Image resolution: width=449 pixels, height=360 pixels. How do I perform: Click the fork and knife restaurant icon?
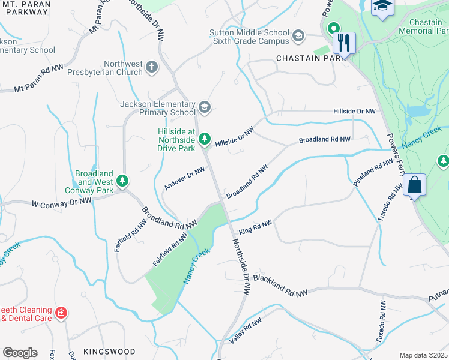click(344, 43)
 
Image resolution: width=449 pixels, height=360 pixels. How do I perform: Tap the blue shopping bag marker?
click(415, 185)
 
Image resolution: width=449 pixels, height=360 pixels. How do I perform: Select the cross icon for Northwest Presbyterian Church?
click(152, 66)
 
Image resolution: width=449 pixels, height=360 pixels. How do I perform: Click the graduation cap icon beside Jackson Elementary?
click(205, 107)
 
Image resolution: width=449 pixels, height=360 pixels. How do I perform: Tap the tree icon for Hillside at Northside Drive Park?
click(205, 139)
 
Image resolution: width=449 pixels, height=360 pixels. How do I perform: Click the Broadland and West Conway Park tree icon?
click(122, 180)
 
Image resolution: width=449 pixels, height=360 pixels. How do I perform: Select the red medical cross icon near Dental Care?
click(61, 313)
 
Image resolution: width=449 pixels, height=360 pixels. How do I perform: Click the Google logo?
click(20, 353)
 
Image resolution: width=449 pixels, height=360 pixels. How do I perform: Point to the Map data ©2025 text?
click(423, 355)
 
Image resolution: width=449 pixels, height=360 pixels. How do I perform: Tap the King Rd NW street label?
click(255, 227)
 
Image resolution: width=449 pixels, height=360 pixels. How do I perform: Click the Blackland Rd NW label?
click(280, 285)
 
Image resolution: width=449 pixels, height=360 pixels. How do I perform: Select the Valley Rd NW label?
click(246, 331)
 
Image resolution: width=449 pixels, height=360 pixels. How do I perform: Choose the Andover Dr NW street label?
click(185, 178)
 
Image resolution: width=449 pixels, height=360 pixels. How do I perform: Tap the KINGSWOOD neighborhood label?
click(109, 351)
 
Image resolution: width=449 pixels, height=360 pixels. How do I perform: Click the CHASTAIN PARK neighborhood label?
click(312, 58)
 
